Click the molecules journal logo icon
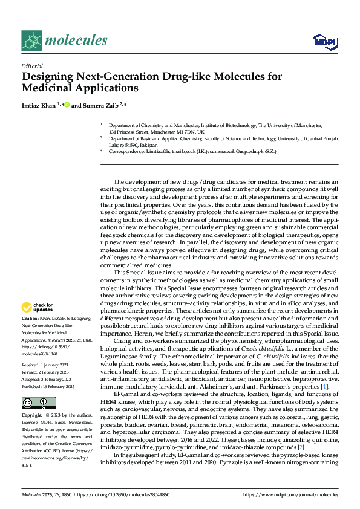pos(31,41)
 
